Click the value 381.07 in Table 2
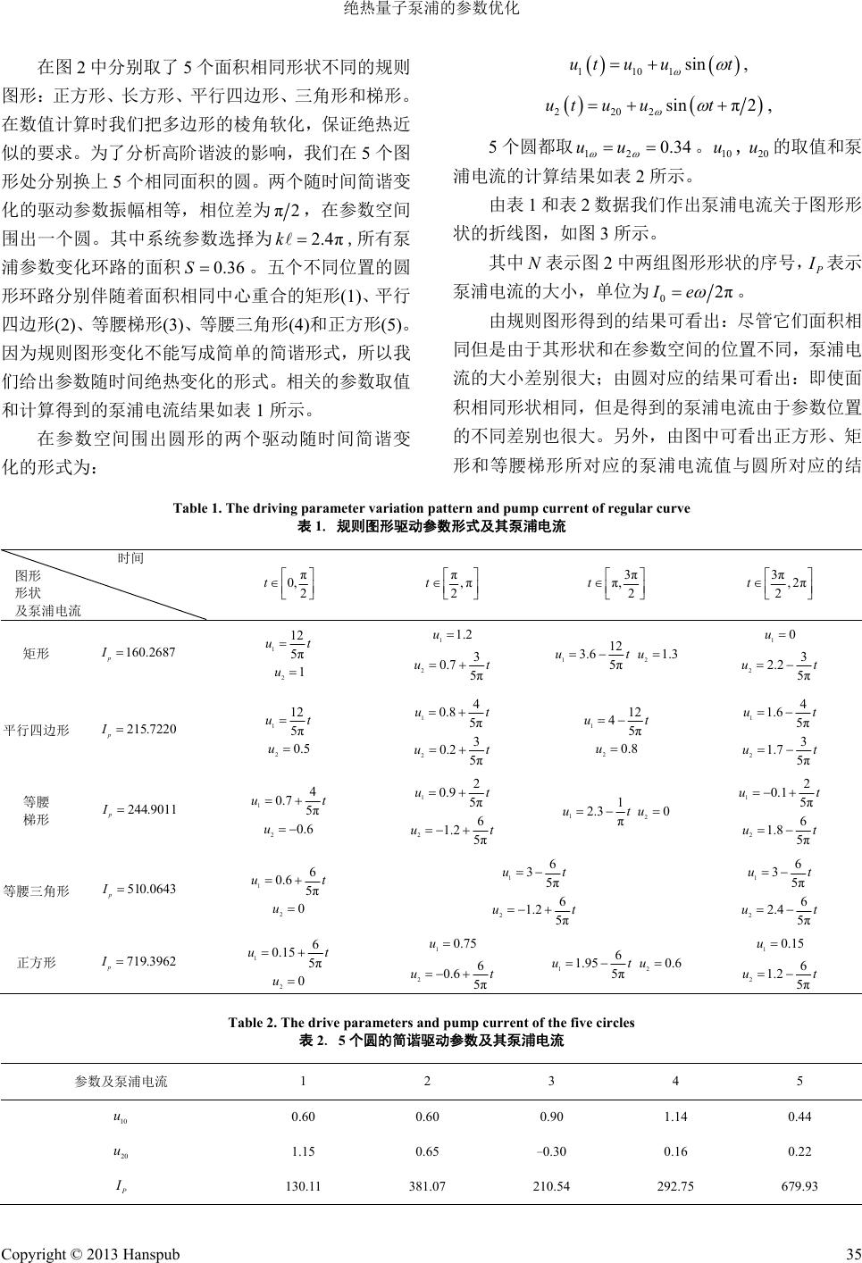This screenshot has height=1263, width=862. pyautogui.click(x=428, y=1186)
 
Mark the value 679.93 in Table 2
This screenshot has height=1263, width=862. pyautogui.click(x=799, y=1186)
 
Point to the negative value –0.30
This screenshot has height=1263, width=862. pyautogui.click(x=551, y=1151)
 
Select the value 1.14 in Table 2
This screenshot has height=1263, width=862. pyautogui.click(x=676, y=1116)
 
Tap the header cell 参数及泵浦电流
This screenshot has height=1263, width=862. pyautogui.click(x=121, y=1081)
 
